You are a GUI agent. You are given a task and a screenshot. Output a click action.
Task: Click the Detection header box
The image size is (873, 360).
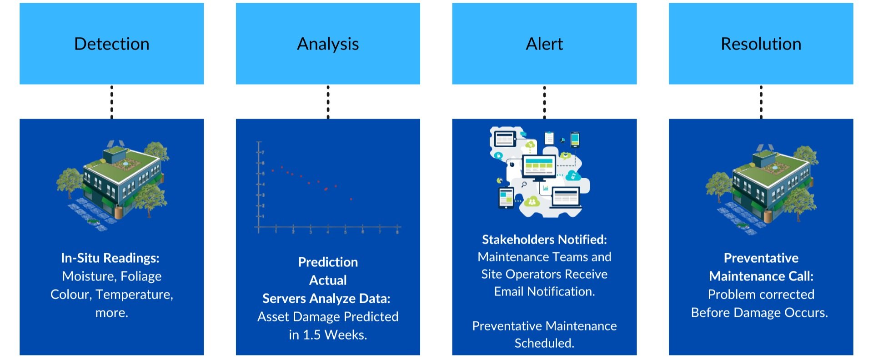click(111, 44)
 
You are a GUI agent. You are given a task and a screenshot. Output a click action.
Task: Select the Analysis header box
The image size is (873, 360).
click(328, 44)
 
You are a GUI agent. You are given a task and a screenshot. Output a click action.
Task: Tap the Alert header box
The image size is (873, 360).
click(544, 44)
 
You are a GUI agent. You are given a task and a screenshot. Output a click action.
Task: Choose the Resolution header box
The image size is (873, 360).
click(761, 44)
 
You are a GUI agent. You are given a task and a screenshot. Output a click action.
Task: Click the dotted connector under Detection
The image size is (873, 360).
click(111, 102)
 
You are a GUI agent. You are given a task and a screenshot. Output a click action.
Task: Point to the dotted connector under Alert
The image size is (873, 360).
click(544, 102)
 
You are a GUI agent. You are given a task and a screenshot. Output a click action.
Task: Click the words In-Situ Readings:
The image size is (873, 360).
click(110, 258)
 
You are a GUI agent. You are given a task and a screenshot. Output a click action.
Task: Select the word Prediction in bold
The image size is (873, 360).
click(328, 262)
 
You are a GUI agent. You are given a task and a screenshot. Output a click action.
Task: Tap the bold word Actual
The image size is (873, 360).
click(328, 280)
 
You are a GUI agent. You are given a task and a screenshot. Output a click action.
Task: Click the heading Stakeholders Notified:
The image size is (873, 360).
click(544, 240)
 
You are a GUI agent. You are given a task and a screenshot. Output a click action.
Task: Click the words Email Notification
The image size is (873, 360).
click(544, 291)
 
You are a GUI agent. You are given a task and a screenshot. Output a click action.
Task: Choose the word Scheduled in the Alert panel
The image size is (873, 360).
click(544, 343)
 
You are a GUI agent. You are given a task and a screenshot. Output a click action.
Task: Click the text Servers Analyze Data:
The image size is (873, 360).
click(326, 299)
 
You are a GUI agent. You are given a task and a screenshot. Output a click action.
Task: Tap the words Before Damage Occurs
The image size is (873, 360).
click(759, 313)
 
